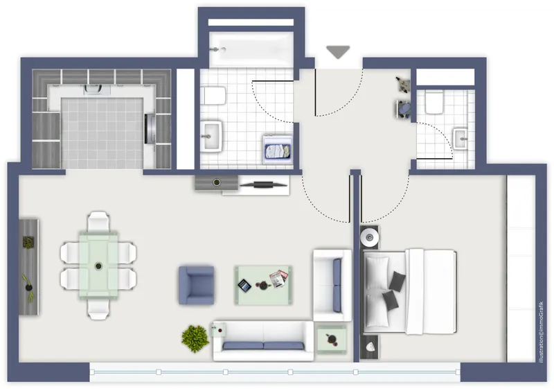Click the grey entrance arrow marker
pyautogui.click(x=338, y=52)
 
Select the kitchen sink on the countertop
pyautogui.click(x=97, y=89)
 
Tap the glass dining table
pyautogui.click(x=98, y=264)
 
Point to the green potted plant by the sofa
pyautogui.click(x=195, y=338)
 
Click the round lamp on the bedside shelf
pyautogui.click(x=370, y=237)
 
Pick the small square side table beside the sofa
pyautogui.click(x=332, y=340)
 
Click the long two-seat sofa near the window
pyautogui.click(x=263, y=341)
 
